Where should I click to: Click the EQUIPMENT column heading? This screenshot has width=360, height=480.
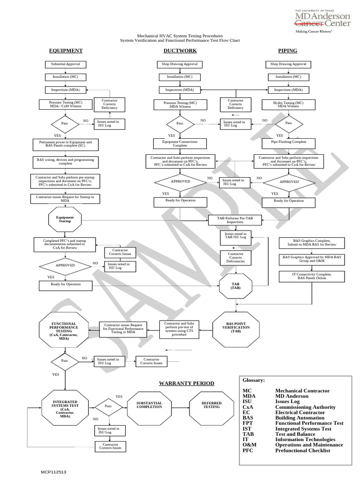pos(66,51)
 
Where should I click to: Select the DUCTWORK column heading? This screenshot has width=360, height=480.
pos(180,51)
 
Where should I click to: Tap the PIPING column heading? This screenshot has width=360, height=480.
pos(287,51)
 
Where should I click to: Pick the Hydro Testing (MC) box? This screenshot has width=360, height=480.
pos(288,104)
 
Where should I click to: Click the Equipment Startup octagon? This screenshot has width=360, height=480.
pos(65,219)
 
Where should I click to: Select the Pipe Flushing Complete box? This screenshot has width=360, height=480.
pos(288,142)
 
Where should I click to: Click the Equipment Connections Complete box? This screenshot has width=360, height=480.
pos(180,143)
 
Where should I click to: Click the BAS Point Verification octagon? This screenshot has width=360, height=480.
pos(236,327)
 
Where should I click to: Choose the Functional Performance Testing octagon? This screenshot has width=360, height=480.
pos(64,331)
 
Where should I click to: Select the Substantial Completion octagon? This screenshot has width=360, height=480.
pos(149,405)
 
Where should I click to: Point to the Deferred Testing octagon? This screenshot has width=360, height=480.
pos(211,405)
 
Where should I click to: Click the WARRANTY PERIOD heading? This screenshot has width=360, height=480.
pos(186,383)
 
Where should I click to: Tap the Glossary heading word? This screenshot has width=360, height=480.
pos(253,380)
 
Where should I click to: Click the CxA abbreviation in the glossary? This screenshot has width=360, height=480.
pos(248,407)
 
